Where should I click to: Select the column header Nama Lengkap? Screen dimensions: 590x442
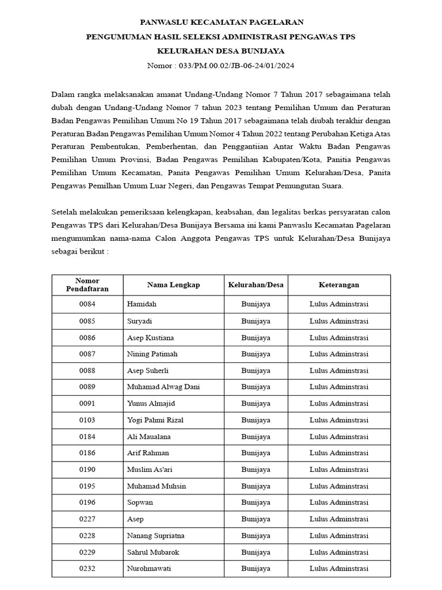173,285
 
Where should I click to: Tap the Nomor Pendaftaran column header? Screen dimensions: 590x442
87,285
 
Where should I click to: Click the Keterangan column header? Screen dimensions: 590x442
339,285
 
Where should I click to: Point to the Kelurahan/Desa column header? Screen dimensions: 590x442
256,285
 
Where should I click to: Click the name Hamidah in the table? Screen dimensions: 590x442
142,304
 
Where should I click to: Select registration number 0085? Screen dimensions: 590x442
87,320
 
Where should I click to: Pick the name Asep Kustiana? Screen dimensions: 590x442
150,337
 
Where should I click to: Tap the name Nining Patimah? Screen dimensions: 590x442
152,354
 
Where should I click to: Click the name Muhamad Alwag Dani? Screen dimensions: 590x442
163,387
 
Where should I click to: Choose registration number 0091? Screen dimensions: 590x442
87,403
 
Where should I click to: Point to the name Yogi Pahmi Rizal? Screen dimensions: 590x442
155,420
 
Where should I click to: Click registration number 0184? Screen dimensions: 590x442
87,437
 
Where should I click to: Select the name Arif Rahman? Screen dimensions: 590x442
148,453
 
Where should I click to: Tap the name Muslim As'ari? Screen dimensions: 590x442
150,470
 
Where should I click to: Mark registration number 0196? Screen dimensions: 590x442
87,502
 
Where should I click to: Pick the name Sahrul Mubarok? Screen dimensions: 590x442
153,552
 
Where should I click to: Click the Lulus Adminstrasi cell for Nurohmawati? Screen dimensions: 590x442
339,569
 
